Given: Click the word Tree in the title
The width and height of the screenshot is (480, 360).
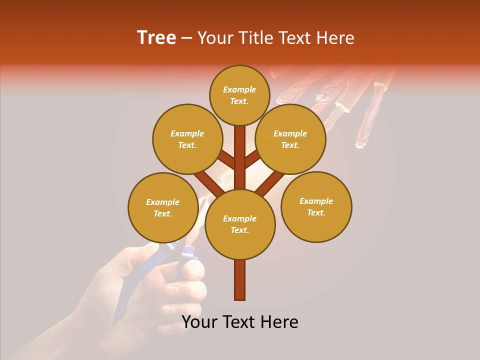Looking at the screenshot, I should tap(156, 38).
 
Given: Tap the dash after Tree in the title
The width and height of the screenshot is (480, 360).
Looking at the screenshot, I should tap(186, 38).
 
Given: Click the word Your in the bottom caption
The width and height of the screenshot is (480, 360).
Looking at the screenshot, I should tap(200, 322).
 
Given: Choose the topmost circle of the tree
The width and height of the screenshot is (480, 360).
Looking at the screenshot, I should tap(239, 95).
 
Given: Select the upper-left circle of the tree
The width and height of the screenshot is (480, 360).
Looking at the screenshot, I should tap(187, 139).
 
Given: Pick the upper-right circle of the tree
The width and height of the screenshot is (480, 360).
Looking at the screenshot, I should tap(290, 139).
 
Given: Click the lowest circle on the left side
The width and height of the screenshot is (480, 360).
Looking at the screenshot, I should tap(163, 207).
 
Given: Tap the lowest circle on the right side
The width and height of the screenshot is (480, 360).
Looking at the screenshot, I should tap(316, 206).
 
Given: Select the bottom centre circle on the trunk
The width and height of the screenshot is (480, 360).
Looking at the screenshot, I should tap(240, 224).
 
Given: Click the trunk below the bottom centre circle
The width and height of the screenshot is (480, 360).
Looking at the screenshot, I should tap(240, 280).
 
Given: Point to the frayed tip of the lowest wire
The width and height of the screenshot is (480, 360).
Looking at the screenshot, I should tap(359, 145).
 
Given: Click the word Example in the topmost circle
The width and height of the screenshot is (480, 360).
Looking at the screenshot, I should tap(239, 89).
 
